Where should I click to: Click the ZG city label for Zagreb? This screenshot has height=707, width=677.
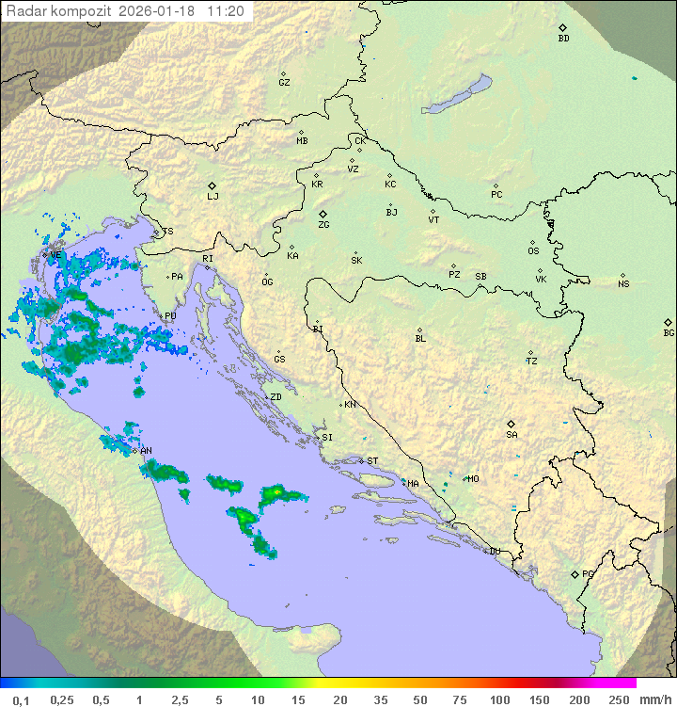click(x=323, y=225)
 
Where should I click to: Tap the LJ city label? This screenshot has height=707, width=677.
click(x=213, y=197)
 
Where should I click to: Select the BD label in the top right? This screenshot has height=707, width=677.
click(x=563, y=39)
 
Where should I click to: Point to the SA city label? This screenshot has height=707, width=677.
click(x=512, y=435)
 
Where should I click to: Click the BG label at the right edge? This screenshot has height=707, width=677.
click(x=669, y=333)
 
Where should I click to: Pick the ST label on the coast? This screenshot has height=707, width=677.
click(x=372, y=461)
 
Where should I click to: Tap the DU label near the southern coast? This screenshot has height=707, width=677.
click(x=494, y=552)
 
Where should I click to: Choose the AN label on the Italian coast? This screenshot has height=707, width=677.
click(x=146, y=451)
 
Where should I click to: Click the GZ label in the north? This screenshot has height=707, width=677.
click(x=284, y=83)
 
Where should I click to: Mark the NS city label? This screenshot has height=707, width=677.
click(x=623, y=284)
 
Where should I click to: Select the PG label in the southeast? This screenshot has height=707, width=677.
click(x=588, y=573)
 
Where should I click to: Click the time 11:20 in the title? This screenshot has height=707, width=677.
click(x=226, y=11)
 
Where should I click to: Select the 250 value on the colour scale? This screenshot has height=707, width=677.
click(x=618, y=699)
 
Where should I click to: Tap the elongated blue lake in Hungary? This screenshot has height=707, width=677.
click(x=458, y=95)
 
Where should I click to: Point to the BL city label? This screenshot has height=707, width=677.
click(x=420, y=339)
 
